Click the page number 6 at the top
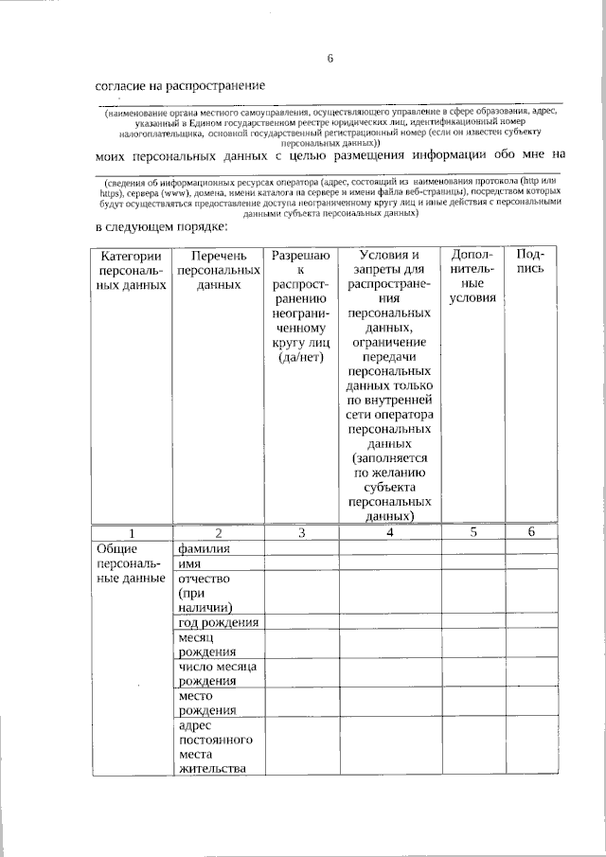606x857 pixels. (x=330, y=59)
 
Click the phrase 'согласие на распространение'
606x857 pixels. (x=180, y=86)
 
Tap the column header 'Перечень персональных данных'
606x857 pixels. (x=219, y=270)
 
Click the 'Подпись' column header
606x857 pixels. (x=531, y=262)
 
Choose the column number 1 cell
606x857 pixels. (x=132, y=532)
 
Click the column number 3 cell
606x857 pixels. (x=301, y=532)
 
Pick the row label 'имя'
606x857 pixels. (x=189, y=563)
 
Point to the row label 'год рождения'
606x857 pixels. (x=218, y=622)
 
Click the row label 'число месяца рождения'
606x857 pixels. (x=218, y=675)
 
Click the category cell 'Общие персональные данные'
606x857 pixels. (x=132, y=563)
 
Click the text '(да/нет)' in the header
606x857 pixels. (x=301, y=358)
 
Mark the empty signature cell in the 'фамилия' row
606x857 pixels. (x=531, y=548)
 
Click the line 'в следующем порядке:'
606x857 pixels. (x=162, y=227)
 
